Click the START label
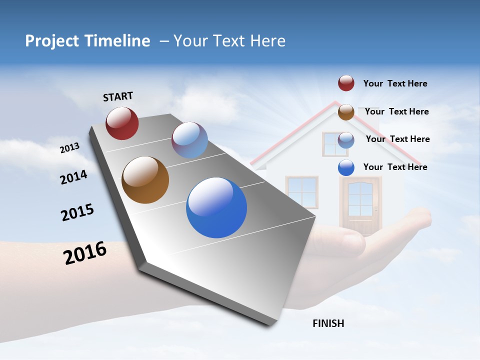tap(118, 96)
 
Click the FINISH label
tap(328, 323)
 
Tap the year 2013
tap(69, 147)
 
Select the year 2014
tap(73, 177)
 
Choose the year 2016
tap(85, 252)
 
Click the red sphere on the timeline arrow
tap(122, 123)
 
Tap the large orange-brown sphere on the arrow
tap(145, 180)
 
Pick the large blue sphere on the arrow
tap(216, 207)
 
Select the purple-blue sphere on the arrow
tap(189, 139)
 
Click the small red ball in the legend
tap(346, 83)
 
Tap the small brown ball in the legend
tap(346, 112)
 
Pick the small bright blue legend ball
tap(346, 167)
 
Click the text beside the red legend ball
tap(395, 83)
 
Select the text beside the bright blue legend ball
tap(395, 167)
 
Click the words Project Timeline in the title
tap(87, 41)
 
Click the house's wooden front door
tap(360, 204)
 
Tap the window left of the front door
tap(301, 192)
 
